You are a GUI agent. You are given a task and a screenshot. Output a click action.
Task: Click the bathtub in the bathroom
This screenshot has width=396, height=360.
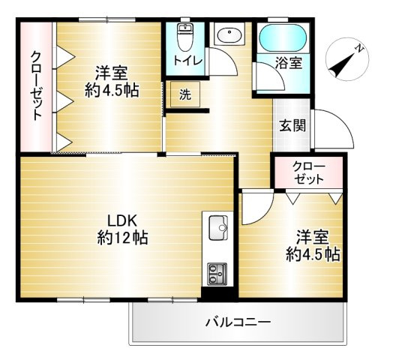pyautogui.click(x=282, y=37)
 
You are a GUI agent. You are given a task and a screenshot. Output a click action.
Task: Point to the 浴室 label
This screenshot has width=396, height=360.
pyautogui.click(x=289, y=64)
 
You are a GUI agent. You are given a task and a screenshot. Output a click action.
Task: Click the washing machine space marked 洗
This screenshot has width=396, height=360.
pyautogui.click(x=184, y=95)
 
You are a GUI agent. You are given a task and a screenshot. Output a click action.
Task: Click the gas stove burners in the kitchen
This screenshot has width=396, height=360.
pyautogui.click(x=218, y=272)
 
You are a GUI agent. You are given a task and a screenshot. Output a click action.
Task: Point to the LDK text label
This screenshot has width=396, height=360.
pyautogui.click(x=121, y=221)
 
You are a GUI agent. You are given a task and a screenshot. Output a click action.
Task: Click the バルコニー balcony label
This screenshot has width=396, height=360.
pyautogui.click(x=238, y=322)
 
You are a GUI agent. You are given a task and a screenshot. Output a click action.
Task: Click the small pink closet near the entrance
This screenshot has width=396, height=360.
pyautogui.click(x=307, y=172)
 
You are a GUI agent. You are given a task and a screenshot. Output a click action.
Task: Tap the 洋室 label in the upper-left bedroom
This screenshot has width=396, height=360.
pyautogui.click(x=111, y=73)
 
